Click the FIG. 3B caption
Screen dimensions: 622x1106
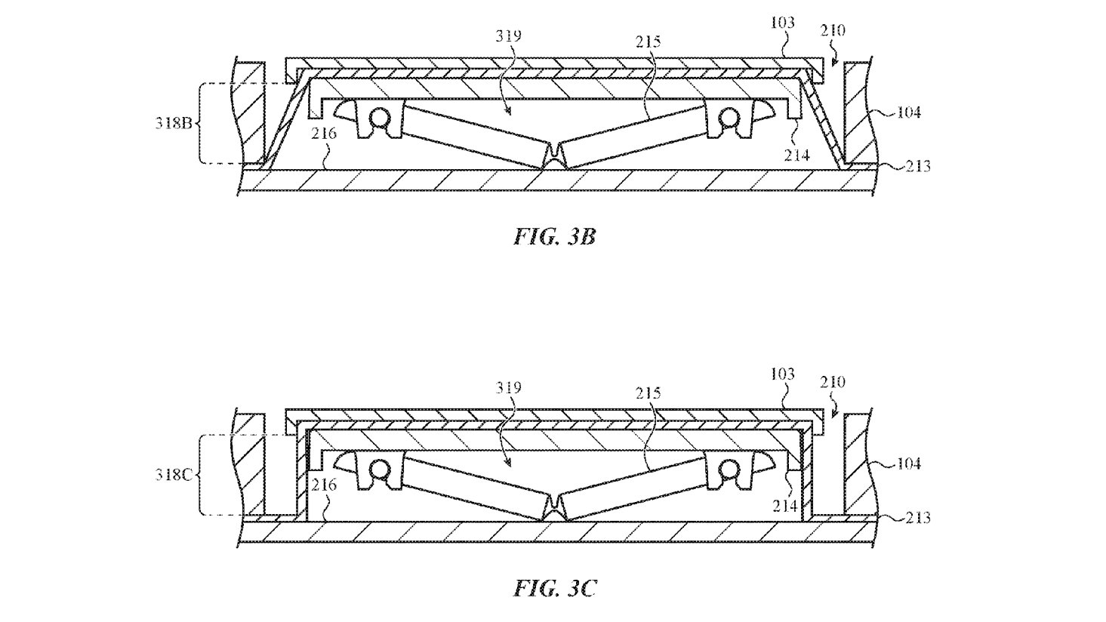[555, 237]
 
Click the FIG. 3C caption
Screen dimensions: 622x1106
[555, 588]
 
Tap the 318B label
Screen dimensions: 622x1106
[174, 122]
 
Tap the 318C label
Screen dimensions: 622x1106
[174, 475]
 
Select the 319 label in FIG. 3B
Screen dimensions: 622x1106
[508, 35]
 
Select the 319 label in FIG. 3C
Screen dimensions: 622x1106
[508, 388]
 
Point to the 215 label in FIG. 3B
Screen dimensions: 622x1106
[648, 42]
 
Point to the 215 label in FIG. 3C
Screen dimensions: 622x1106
[648, 393]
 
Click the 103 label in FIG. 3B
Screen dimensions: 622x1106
[783, 23]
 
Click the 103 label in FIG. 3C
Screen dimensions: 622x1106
[783, 374]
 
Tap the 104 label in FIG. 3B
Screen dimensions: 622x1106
[908, 112]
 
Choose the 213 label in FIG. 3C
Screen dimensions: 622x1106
[917, 518]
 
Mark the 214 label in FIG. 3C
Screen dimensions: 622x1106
[785, 506]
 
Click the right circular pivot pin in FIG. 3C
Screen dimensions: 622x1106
[729, 470]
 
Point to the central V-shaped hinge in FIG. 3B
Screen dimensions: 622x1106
[555, 155]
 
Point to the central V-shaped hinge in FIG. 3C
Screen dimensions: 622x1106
[555, 507]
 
